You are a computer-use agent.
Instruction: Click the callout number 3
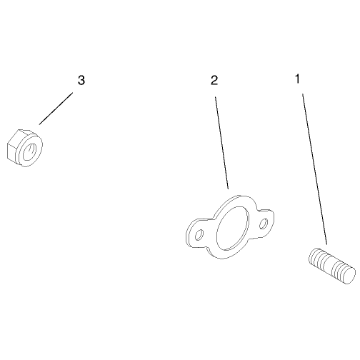[81, 80]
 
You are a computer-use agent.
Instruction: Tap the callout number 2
[214, 80]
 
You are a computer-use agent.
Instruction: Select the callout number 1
[297, 79]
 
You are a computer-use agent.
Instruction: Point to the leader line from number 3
[56, 109]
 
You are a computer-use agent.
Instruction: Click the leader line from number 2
[222, 143]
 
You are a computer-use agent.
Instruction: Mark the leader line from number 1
[314, 169]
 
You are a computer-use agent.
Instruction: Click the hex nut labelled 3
[24, 148]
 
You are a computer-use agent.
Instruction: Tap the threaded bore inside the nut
[30, 151]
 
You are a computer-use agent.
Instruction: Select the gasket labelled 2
[230, 227]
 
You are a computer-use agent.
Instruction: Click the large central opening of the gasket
[233, 226]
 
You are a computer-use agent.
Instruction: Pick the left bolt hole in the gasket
[199, 235]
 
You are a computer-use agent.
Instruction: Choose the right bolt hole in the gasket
[264, 224]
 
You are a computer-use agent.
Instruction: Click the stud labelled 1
[332, 266]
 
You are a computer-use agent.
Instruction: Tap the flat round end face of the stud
[348, 275]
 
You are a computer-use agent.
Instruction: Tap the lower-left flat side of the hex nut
[12, 151]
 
